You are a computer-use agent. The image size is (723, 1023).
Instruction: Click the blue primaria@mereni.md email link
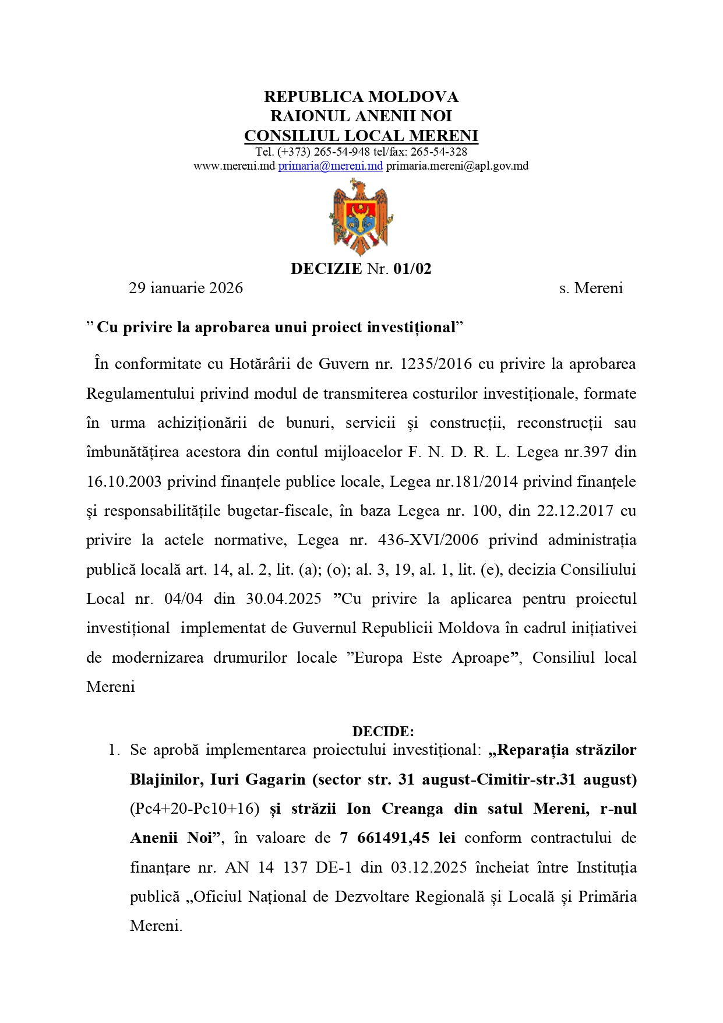click(x=330, y=166)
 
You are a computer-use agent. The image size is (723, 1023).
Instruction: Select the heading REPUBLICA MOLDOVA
click(x=361, y=97)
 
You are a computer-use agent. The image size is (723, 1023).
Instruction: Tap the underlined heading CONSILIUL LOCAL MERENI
click(x=361, y=136)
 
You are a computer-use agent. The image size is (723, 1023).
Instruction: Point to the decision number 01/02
click(x=412, y=269)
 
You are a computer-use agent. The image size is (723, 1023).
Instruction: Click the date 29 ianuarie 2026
click(x=186, y=288)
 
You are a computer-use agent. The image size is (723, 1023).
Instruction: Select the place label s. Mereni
click(x=591, y=288)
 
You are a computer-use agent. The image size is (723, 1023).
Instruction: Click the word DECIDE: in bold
click(x=383, y=732)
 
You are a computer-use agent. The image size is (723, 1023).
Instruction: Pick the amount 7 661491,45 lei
click(x=397, y=838)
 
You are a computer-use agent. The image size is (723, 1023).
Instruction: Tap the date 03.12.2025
click(x=429, y=867)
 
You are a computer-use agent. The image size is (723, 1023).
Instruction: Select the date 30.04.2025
click(x=284, y=599)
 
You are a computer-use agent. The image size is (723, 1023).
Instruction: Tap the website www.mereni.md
click(x=234, y=166)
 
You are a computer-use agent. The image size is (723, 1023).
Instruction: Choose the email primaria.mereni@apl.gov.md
click(x=457, y=166)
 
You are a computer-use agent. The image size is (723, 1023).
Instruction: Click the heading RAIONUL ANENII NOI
click(x=361, y=116)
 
